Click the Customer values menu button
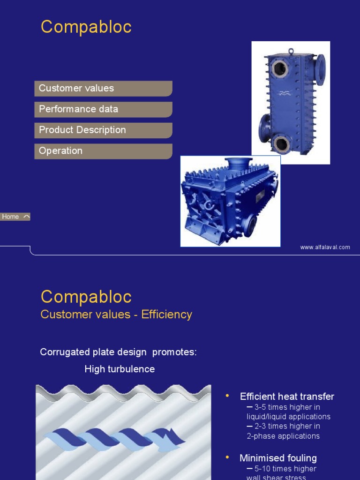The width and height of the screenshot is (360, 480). [103, 89]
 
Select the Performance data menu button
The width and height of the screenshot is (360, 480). [103, 109]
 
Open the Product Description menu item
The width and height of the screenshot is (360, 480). [103, 130]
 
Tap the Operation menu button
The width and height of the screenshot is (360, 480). [103, 151]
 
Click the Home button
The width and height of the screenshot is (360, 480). [15, 217]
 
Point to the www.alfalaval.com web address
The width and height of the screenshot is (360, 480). [325, 247]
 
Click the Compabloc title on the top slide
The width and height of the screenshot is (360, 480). [86, 27]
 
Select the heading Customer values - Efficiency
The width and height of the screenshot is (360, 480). [116, 314]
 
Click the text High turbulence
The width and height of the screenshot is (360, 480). [120, 369]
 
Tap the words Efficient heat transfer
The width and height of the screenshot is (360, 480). [287, 397]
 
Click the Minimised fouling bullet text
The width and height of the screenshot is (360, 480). [278, 458]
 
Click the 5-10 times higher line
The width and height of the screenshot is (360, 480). [284, 469]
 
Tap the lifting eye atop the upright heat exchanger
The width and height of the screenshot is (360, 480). [291, 51]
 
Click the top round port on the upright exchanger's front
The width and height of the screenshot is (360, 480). [280, 69]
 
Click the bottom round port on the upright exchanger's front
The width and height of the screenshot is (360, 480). [282, 143]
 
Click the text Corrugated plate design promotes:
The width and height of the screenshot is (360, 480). [118, 352]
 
